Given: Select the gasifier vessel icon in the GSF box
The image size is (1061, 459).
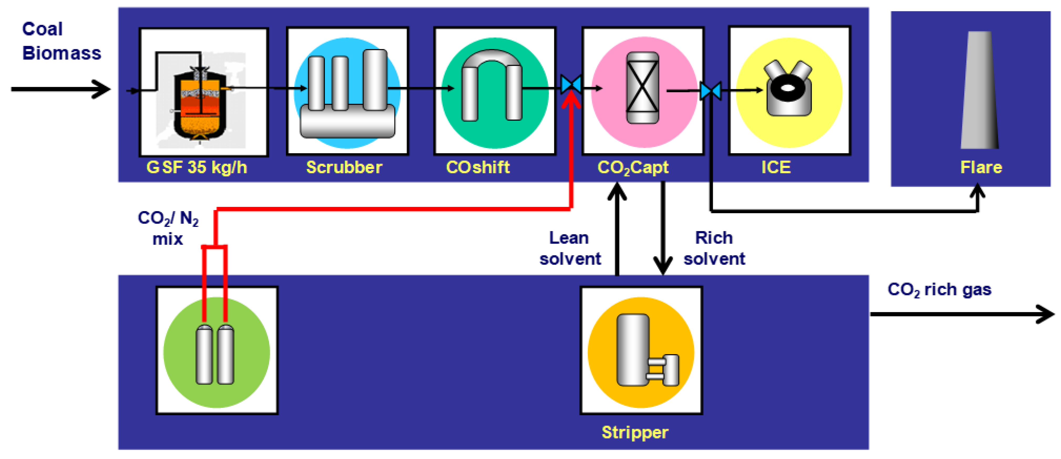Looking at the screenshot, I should pos(200,105).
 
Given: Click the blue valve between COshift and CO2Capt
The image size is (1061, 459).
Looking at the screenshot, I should pos(571,84).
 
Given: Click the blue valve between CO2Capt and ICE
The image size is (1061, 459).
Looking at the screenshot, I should pos(710,91).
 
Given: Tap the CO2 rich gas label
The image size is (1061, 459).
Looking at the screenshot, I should pos(939,290).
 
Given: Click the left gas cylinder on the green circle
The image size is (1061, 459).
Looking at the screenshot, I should pos(204,354).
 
